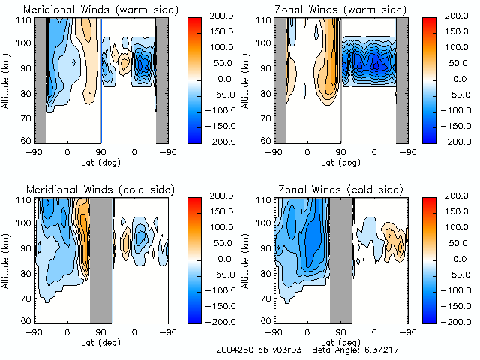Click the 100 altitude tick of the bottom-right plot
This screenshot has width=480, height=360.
[265, 223]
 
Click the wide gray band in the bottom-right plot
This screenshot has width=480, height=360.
[341, 259]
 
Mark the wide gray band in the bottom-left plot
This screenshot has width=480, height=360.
[100, 259]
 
